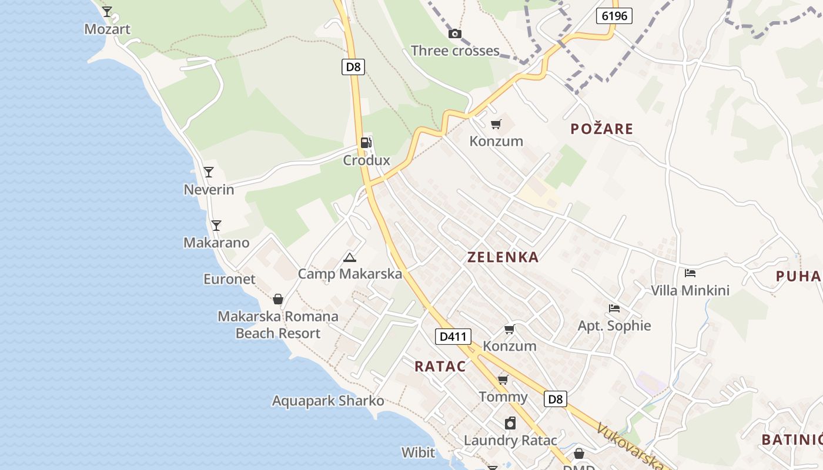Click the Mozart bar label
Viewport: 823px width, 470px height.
click(x=107, y=29)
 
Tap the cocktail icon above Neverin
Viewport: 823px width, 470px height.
click(x=209, y=172)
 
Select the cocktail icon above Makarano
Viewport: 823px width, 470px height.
click(x=216, y=225)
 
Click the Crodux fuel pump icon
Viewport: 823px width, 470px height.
click(x=366, y=142)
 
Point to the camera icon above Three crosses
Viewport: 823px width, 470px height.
click(x=454, y=33)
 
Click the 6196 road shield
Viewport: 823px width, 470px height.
click(x=614, y=16)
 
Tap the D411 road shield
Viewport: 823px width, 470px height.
click(x=453, y=337)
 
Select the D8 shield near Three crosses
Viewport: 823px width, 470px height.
click(x=353, y=66)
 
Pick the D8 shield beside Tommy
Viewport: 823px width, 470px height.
click(x=555, y=399)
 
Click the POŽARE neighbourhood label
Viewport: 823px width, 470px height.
click(x=601, y=129)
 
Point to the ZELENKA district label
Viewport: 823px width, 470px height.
click(x=503, y=257)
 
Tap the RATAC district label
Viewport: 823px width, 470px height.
click(x=440, y=367)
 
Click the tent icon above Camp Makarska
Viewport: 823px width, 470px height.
click(x=350, y=257)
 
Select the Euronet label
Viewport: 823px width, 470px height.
click(x=229, y=279)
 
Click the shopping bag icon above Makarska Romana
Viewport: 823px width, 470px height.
click(x=278, y=299)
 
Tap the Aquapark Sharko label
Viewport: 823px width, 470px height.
click(x=327, y=401)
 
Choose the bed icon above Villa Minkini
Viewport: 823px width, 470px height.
click(x=690, y=273)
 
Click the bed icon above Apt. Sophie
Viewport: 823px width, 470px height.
click(x=614, y=308)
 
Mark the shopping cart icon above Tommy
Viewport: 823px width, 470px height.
click(x=503, y=380)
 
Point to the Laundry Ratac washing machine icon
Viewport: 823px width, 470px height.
click(x=510, y=423)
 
